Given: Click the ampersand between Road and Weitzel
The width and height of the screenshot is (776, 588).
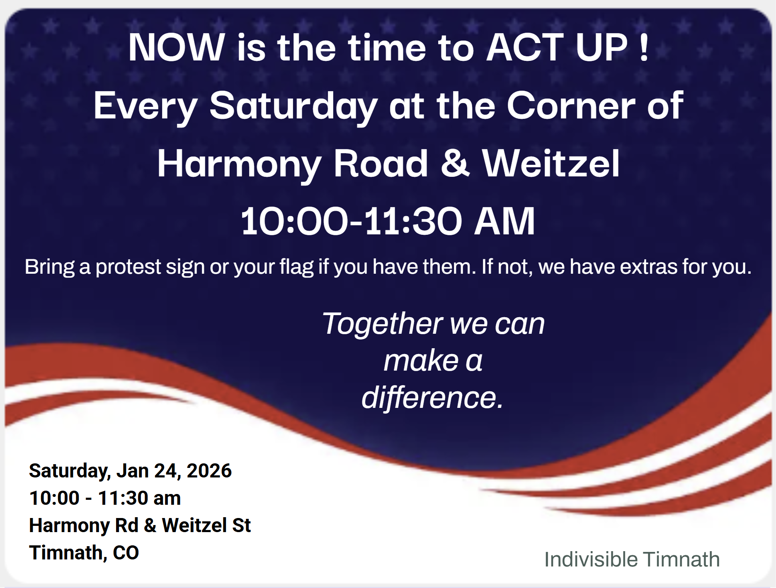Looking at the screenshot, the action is click(455, 164).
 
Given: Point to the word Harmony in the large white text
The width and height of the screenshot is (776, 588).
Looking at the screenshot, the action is click(240, 165).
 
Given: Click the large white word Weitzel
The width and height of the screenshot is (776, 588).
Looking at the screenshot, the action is click(551, 164).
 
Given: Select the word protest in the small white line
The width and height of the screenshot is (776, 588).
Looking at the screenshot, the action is click(128, 267).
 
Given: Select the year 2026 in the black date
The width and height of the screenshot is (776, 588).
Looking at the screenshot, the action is click(209, 471).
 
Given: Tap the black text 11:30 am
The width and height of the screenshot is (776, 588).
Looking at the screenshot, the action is click(139, 498).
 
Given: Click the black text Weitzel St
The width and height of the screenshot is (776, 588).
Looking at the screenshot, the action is click(206, 525).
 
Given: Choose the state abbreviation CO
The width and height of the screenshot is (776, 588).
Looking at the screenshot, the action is click(126, 553).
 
